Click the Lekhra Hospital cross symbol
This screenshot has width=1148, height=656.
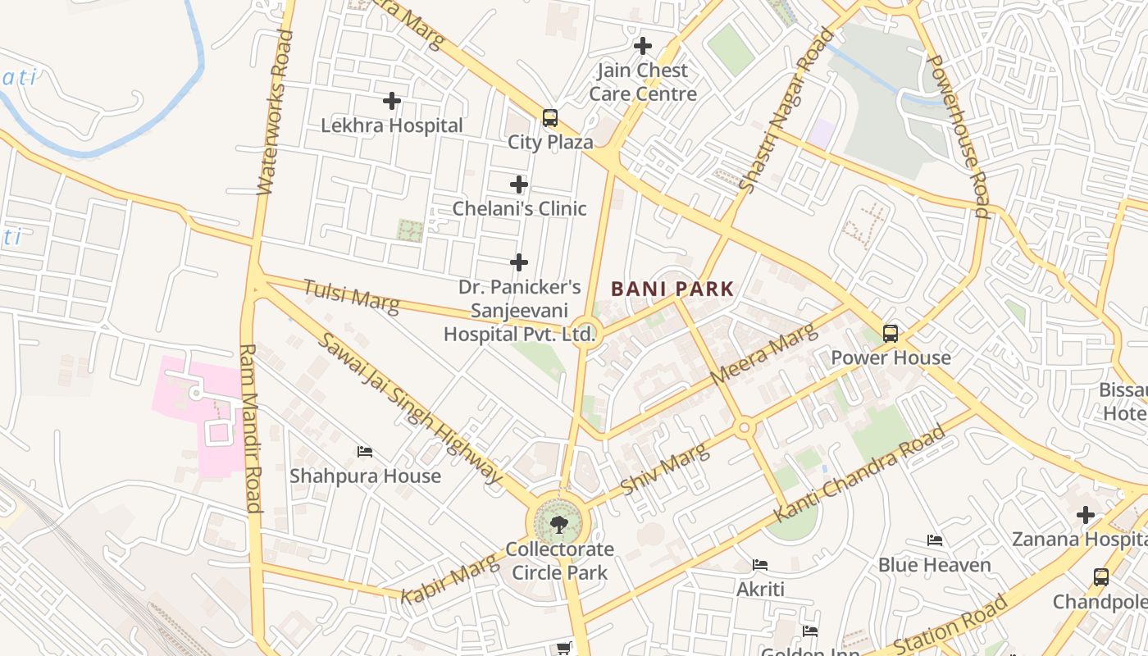[x=392, y=101]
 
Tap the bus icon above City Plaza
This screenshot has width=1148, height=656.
[x=549, y=117]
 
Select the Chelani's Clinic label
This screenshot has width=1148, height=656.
[x=519, y=208]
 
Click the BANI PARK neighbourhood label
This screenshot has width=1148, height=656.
[x=672, y=289]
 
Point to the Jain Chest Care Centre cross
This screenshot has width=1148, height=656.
[x=643, y=46]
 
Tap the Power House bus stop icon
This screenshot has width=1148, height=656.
[x=891, y=333]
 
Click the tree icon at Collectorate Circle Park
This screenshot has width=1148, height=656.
[x=559, y=523]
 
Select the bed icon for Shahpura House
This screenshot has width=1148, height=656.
[x=365, y=452]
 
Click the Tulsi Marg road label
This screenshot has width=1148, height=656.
[x=351, y=296]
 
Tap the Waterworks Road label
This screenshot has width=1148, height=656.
[x=274, y=113]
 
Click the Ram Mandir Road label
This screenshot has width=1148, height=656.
[x=251, y=428]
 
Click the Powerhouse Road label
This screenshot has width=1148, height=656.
[x=957, y=136]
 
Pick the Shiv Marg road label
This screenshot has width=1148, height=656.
[x=665, y=469]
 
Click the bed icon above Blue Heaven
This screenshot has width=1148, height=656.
[x=934, y=540]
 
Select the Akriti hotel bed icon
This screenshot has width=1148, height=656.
[x=760, y=565]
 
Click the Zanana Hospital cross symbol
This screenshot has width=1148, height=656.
[x=1086, y=515]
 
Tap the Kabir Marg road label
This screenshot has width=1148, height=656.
[x=449, y=579]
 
